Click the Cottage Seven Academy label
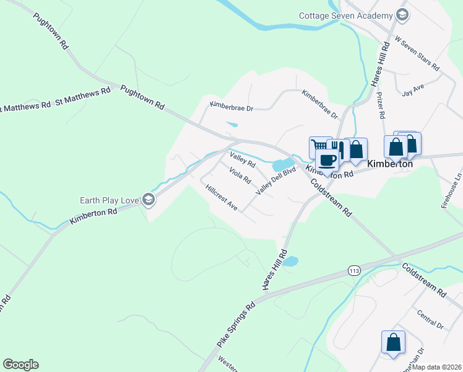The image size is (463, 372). pos(345,15)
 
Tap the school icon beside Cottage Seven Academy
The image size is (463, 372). pos(402,15)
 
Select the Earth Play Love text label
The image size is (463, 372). pos(110,200)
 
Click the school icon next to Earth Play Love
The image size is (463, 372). pos(148,200)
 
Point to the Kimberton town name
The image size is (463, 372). pos(390,164)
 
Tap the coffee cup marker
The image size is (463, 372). pos(327,159)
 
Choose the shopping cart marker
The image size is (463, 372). pos(319,147)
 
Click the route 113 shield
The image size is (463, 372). pos(354,270)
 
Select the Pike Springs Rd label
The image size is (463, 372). pos(236,325)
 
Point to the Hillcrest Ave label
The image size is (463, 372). pos(222,197)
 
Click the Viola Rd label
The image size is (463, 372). pos(240,175)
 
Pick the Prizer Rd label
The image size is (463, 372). pos(381,105)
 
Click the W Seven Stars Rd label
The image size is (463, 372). pos(417,53)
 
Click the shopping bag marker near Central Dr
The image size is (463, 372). pos(393,342)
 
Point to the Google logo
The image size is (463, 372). pos(20,365)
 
